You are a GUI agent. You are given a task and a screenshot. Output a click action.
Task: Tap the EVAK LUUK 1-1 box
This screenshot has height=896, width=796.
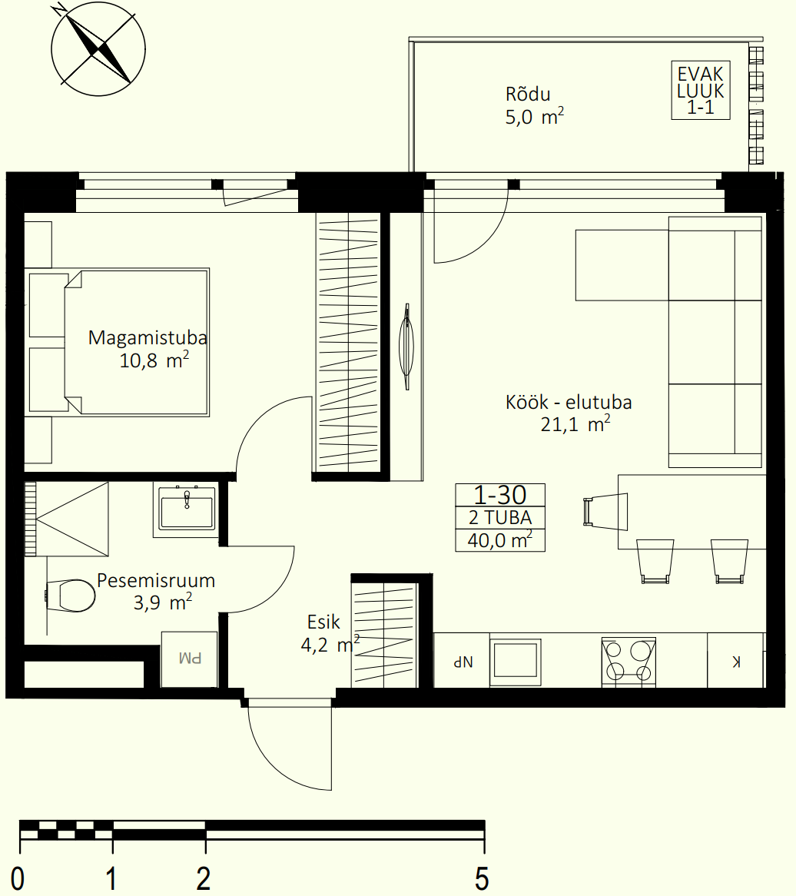click(701, 90)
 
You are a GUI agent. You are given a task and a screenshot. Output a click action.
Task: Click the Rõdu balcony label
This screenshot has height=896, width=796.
click(528, 95)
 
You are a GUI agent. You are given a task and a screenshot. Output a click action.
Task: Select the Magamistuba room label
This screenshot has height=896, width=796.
click(148, 337)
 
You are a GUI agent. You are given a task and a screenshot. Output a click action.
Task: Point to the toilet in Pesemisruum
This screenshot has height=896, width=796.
click(70, 596)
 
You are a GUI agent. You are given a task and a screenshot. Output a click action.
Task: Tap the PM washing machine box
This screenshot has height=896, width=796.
click(190, 659)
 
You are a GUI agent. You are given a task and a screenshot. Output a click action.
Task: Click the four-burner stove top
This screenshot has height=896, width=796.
click(629, 662)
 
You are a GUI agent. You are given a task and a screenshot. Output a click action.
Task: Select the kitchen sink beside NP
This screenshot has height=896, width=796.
click(516, 661)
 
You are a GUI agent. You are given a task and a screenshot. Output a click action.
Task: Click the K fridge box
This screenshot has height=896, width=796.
click(735, 660)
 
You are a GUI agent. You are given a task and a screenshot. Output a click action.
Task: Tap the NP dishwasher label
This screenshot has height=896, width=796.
click(463, 662)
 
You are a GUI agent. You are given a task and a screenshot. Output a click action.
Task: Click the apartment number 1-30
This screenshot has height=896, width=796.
click(500, 495)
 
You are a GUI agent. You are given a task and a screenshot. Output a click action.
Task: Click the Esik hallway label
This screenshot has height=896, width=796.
click(323, 622)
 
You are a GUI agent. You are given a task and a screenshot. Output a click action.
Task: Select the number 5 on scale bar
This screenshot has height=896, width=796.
click(482, 878)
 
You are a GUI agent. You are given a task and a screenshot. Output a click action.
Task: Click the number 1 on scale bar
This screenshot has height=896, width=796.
click(111, 878)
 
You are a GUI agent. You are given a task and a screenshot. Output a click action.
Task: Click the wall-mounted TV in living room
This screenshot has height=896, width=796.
click(406, 347)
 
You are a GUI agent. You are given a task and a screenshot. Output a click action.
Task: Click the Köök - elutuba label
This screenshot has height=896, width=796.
click(569, 403)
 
